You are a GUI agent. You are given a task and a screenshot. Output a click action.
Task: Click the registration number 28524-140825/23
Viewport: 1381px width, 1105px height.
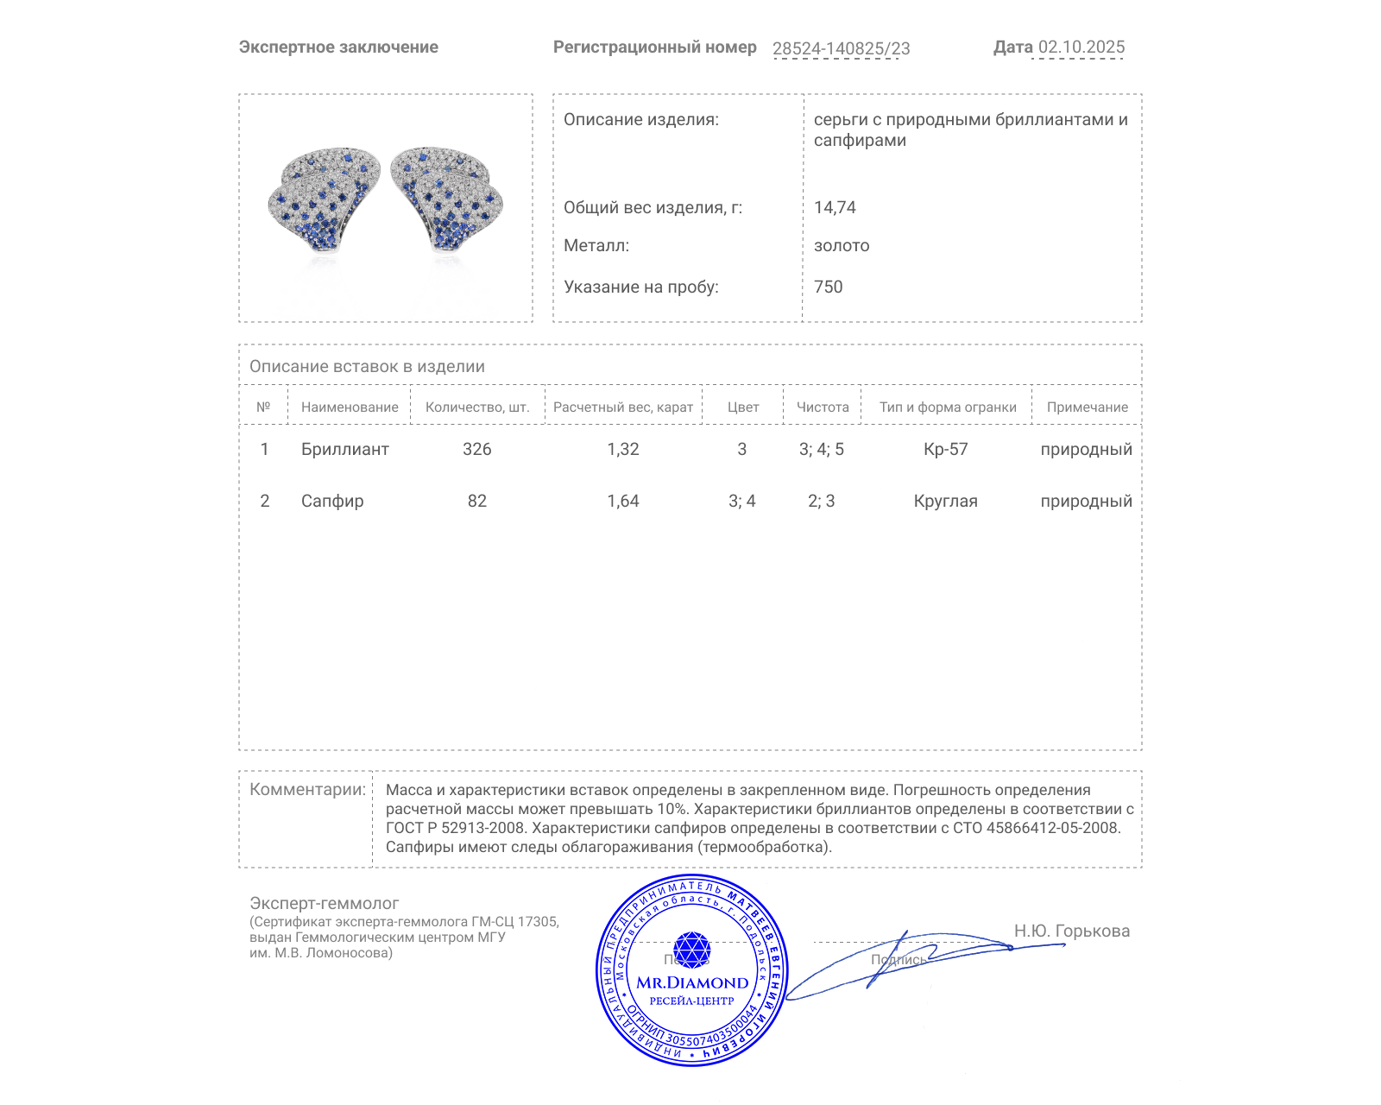tap(841, 48)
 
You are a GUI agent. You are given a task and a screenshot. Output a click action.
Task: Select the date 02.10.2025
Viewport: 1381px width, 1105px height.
tap(1081, 47)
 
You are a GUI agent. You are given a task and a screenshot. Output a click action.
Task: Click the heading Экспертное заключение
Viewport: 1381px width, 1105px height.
tap(338, 47)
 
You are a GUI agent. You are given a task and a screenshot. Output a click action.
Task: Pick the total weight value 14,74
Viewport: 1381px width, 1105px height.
tap(835, 207)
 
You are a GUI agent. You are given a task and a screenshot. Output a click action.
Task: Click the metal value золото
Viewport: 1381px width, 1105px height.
tap(842, 245)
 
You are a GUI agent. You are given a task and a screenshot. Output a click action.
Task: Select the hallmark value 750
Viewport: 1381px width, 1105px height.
tap(828, 287)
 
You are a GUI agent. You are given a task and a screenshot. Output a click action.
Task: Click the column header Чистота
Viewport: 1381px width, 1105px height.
tap(822, 407)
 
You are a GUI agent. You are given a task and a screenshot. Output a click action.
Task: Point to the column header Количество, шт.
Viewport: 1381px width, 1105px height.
tap(476, 407)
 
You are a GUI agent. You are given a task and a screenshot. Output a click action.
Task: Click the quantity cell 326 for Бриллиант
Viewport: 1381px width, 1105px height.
tap(476, 449)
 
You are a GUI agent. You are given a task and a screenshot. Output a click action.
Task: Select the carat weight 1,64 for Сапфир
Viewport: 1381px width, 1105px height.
tap(622, 501)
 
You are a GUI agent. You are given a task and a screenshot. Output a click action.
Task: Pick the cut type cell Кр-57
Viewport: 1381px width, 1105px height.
tap(945, 449)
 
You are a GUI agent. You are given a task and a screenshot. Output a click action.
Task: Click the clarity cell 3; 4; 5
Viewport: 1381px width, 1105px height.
tap(821, 449)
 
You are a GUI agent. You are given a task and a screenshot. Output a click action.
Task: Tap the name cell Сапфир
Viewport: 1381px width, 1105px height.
tap(332, 501)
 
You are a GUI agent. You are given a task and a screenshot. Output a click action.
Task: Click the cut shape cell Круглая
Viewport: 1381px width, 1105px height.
tap(945, 501)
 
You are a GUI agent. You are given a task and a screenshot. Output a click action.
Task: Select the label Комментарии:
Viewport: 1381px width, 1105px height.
tap(307, 789)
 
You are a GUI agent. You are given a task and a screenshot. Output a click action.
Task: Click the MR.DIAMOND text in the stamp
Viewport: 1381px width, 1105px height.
tap(692, 982)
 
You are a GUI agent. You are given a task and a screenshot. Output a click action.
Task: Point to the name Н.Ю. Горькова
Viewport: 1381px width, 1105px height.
tap(1071, 931)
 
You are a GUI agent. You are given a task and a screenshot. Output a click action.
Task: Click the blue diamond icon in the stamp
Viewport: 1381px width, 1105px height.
tap(691, 950)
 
